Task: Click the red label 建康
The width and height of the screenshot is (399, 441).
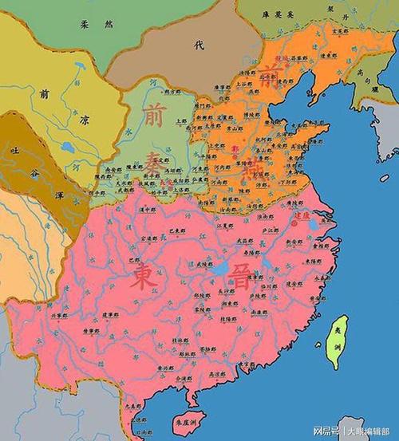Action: tap(301, 215)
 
